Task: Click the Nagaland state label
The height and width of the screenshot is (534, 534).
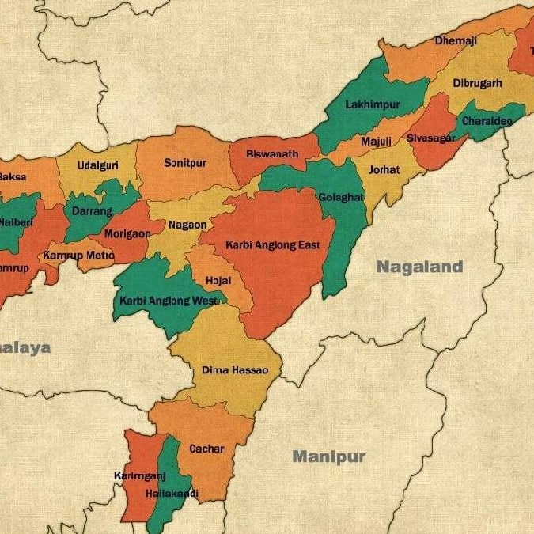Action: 419,267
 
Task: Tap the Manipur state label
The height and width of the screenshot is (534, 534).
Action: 329,456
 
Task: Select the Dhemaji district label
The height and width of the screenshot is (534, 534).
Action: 456,40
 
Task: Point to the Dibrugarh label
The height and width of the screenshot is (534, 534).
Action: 477,83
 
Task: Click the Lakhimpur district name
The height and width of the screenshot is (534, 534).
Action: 373,104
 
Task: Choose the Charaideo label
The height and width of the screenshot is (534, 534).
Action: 487,121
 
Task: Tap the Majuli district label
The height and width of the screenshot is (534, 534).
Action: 376,142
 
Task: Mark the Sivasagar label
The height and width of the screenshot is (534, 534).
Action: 431,138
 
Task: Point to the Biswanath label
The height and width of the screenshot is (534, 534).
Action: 272,154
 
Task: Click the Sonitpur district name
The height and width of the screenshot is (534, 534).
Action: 185,163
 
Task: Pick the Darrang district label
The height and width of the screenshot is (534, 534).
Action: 92,211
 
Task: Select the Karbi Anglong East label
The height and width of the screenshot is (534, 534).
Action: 273,245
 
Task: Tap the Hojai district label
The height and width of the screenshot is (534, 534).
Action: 218,281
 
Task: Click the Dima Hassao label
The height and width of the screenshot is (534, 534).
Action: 235,370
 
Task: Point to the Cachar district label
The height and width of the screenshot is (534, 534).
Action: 206,449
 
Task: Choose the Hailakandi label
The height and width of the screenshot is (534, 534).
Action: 172,494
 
